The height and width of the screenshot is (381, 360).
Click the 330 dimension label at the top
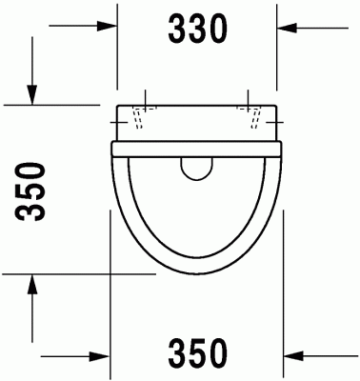198,30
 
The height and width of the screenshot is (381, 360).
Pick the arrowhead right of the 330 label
286,27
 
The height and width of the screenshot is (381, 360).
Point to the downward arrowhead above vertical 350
32,96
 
